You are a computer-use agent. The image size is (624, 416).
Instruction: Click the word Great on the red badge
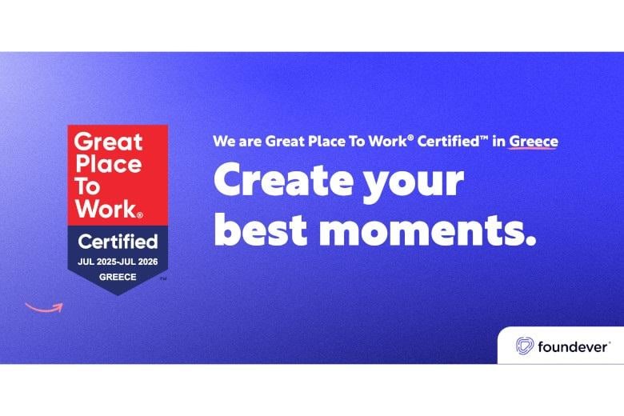tap(108, 142)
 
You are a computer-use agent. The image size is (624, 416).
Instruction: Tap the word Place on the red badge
tap(108, 164)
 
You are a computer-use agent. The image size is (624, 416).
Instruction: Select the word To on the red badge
tap(86, 186)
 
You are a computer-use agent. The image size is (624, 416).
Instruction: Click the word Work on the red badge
tap(106, 209)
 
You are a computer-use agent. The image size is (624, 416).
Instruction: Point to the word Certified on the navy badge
tap(118, 242)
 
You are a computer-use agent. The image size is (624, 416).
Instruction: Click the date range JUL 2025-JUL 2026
tap(118, 262)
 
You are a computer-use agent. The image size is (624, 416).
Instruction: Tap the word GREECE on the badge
tap(118, 277)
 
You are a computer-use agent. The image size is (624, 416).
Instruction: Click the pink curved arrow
tap(45, 309)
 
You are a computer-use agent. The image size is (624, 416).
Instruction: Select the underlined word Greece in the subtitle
tap(534, 142)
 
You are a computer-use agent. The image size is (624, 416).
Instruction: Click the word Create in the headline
tap(283, 180)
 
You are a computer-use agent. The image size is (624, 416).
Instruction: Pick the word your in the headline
tap(414, 184)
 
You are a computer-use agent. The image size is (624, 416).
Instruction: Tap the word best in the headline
tap(261, 230)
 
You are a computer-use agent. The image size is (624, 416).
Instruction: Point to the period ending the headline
tap(530, 240)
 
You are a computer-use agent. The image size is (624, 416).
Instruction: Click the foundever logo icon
tap(525, 346)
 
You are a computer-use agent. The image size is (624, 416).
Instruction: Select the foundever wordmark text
tap(572, 346)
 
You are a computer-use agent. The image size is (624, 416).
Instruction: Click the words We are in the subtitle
tap(237, 142)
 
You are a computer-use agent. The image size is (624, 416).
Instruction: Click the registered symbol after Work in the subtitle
tap(410, 138)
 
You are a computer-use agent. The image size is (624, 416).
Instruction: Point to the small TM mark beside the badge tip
tap(163, 278)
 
